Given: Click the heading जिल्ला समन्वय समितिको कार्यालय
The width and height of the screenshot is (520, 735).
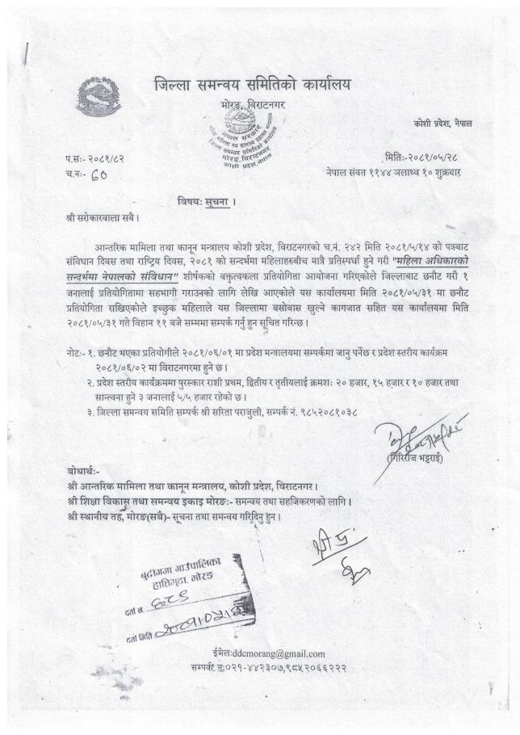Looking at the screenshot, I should [x=253, y=85].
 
